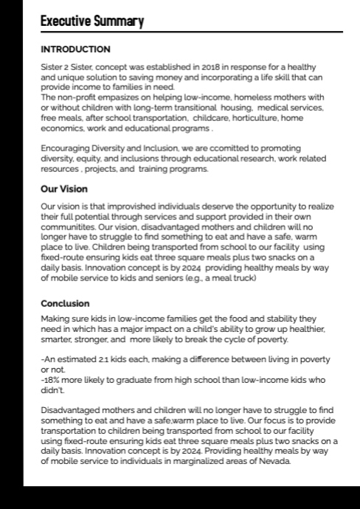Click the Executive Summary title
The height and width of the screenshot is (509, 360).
coord(91,21)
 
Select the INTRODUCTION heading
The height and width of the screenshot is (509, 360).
coord(75,50)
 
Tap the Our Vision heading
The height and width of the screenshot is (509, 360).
coord(65,189)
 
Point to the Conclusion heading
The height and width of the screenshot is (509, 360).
coord(65,304)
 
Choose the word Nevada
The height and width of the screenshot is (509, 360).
coord(275,461)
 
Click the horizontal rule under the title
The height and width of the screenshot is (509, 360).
coord(192,32)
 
